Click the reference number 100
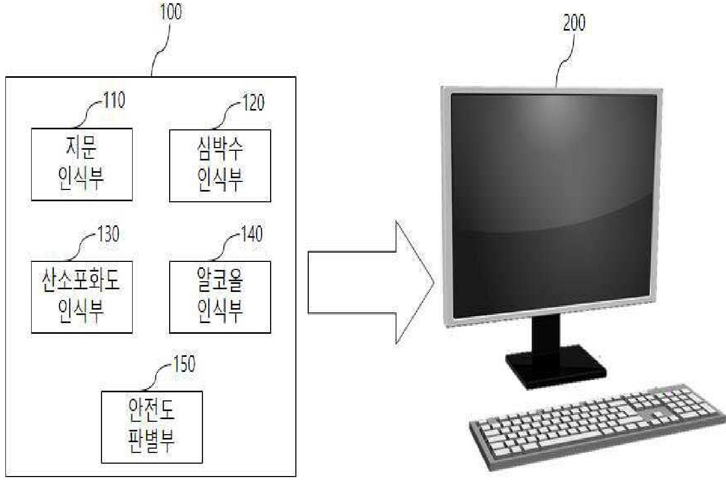click(x=171, y=12)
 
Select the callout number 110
click(x=113, y=100)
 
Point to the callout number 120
click(x=252, y=103)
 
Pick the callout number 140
click(x=251, y=235)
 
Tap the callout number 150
click(x=184, y=364)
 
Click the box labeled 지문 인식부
click(x=82, y=164)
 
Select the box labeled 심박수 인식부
click(x=220, y=165)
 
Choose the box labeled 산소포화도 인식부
click(x=82, y=297)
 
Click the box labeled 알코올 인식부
click(x=220, y=297)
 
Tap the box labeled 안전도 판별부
click(x=152, y=427)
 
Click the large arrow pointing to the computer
click(x=371, y=282)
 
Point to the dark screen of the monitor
click(x=553, y=204)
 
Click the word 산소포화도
click(x=81, y=281)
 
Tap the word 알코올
click(x=220, y=281)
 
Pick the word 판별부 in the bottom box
click(x=152, y=442)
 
